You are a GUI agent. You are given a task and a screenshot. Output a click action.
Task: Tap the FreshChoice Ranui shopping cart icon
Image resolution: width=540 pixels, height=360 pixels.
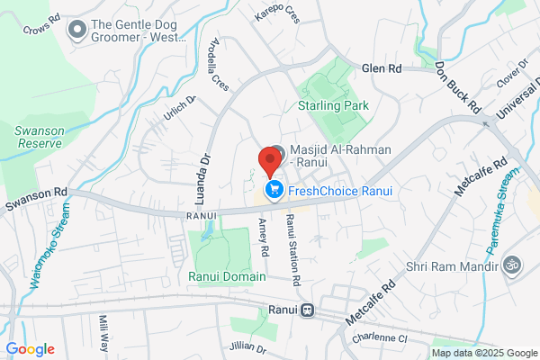click(x=270, y=190)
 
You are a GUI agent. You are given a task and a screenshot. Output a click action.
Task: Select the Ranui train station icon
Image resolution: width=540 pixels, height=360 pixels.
click(x=308, y=310)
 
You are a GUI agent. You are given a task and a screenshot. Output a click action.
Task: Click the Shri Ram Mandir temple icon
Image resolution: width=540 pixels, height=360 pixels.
click(x=513, y=265)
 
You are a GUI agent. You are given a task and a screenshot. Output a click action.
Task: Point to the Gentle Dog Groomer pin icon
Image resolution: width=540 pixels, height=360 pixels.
click(x=77, y=31)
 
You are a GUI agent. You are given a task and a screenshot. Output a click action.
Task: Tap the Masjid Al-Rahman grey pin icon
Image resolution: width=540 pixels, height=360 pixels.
click(x=278, y=152)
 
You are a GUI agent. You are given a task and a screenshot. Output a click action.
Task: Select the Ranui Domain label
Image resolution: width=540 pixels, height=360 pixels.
click(x=227, y=276)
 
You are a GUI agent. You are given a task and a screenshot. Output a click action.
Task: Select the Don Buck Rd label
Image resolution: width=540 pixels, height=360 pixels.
click(x=456, y=86)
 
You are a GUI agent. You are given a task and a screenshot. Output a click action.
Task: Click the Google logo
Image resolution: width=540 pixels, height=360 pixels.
click(x=30, y=349)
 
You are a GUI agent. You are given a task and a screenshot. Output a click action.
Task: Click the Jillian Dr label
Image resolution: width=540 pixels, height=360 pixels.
click(x=248, y=348)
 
